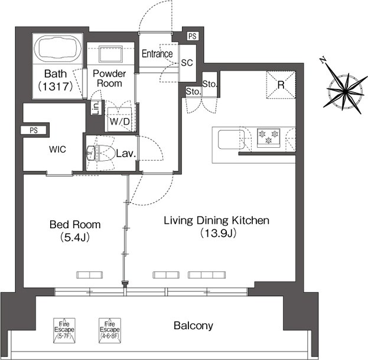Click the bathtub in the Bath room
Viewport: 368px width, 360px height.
pyautogui.click(x=58, y=49)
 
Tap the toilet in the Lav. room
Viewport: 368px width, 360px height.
pyautogui.click(x=100, y=153)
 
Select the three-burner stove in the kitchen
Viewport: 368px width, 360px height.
pyautogui.click(x=269, y=138)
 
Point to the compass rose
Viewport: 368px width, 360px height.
pyautogui.click(x=345, y=88)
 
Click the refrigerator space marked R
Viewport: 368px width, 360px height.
pyautogui.click(x=281, y=85)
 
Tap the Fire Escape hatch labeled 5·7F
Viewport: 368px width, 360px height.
pyautogui.click(x=64, y=330)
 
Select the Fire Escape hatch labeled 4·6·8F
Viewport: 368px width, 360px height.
pyautogui.click(x=110, y=330)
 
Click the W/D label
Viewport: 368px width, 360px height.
pyautogui.click(x=120, y=121)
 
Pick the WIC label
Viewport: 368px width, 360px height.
pyautogui.click(x=57, y=150)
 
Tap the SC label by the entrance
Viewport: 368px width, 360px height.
pyautogui.click(x=187, y=63)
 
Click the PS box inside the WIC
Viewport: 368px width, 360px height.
pyautogui.click(x=34, y=130)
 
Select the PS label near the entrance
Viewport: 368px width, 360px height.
pyautogui.click(x=193, y=37)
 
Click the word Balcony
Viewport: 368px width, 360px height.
pyautogui.click(x=193, y=326)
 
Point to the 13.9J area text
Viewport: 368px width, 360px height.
pyautogui.click(x=218, y=233)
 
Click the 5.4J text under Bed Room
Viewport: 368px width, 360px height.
pyautogui.click(x=75, y=238)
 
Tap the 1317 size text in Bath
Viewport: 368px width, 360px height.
pyautogui.click(x=56, y=86)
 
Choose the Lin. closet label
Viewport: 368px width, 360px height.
pyautogui.click(x=96, y=108)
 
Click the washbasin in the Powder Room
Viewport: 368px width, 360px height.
pyautogui.click(x=110, y=54)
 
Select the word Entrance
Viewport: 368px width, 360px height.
pyautogui.click(x=157, y=54)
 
